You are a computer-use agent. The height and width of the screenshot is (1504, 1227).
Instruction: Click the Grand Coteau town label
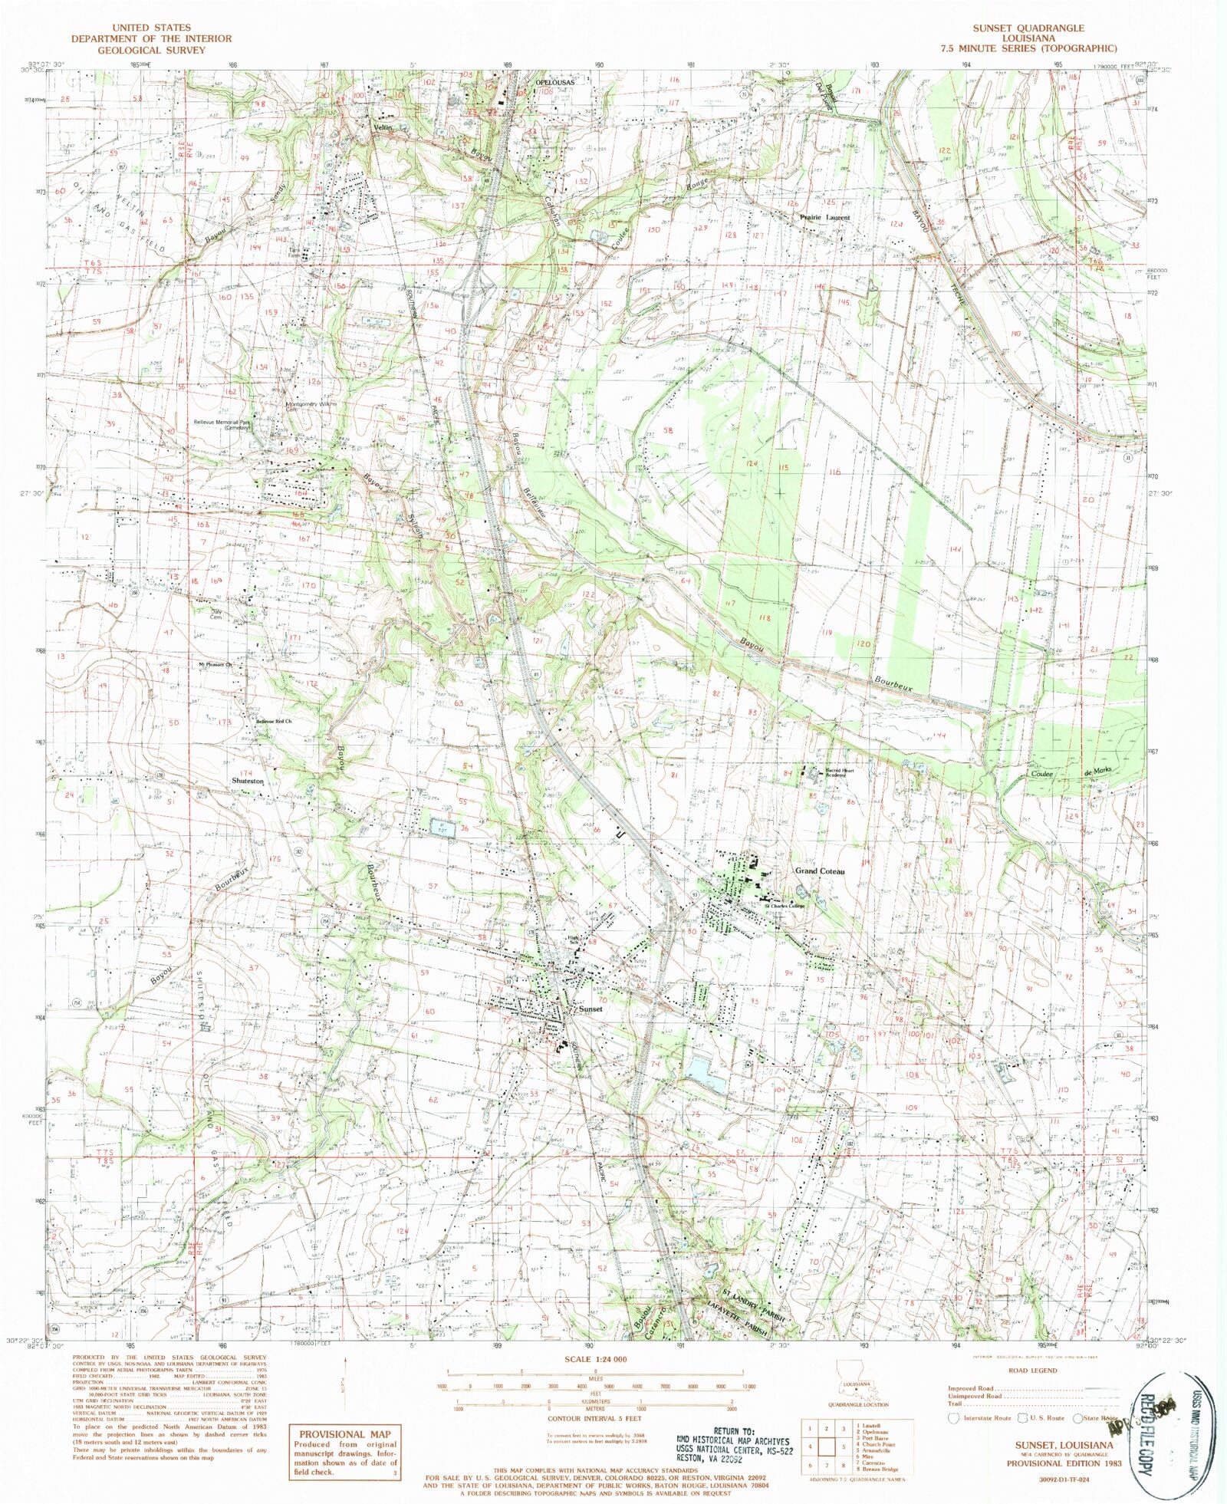pos(819,871)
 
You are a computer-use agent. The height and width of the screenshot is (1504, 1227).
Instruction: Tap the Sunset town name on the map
pos(591,1009)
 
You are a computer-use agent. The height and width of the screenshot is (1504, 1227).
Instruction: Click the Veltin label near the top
pos(383,127)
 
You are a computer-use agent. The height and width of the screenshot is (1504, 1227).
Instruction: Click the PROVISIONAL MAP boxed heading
pos(344,1434)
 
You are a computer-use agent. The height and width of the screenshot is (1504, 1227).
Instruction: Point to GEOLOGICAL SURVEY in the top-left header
pos(151,50)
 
